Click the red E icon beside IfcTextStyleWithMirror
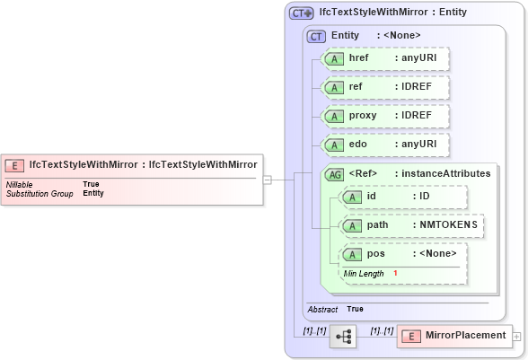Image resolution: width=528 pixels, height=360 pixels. coord(15,165)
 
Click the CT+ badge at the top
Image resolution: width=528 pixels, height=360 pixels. coord(301,13)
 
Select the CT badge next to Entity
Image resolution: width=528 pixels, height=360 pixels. coord(316,36)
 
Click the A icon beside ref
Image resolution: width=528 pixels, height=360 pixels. coord(334,88)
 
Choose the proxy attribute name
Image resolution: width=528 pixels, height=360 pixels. coord(363,116)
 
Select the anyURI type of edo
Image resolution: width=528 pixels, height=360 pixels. coord(418,145)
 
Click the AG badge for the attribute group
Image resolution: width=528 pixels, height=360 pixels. coord(334,173)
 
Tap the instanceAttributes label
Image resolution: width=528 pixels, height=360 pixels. coord(445,173)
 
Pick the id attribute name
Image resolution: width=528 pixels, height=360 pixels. coord(373,196)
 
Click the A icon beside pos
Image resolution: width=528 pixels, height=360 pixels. coord(352,254)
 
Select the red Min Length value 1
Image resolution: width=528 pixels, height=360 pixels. coord(395,273)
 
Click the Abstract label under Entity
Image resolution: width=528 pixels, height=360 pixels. coord(322,309)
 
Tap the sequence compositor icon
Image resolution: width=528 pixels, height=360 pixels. coord(343,336)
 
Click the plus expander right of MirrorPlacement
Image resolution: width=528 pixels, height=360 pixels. coord(515,336)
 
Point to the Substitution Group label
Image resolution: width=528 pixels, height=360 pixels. coord(40,193)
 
